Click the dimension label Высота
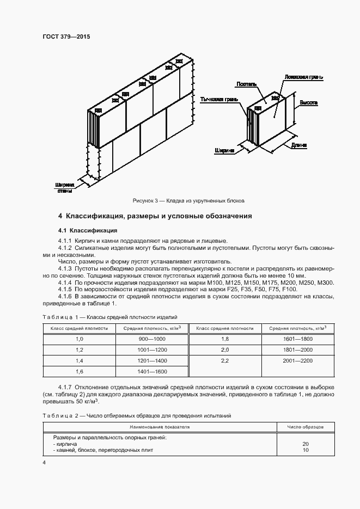[308, 102]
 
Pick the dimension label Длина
[299, 145]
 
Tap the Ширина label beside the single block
[224, 150]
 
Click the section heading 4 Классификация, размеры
[155, 216]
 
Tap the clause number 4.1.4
[65, 283]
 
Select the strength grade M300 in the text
[325, 283]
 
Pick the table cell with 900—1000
[151, 339]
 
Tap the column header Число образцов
[305, 427]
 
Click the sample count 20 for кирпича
[305, 444]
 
